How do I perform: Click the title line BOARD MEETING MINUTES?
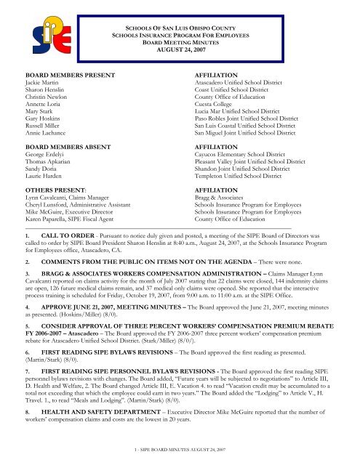pyautogui.click(x=178, y=42)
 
